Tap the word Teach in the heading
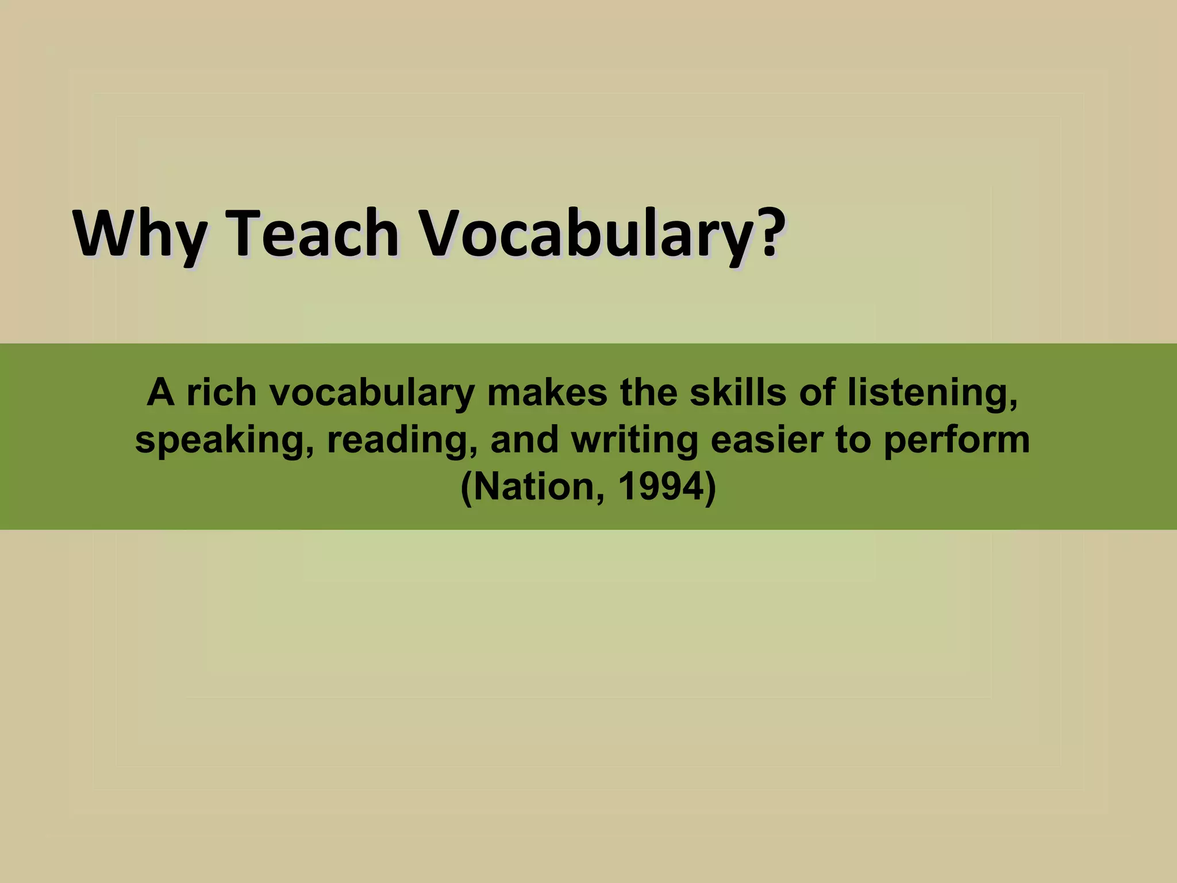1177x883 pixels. pyautogui.click(x=314, y=233)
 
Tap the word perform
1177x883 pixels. pyautogui.click(x=956, y=441)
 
